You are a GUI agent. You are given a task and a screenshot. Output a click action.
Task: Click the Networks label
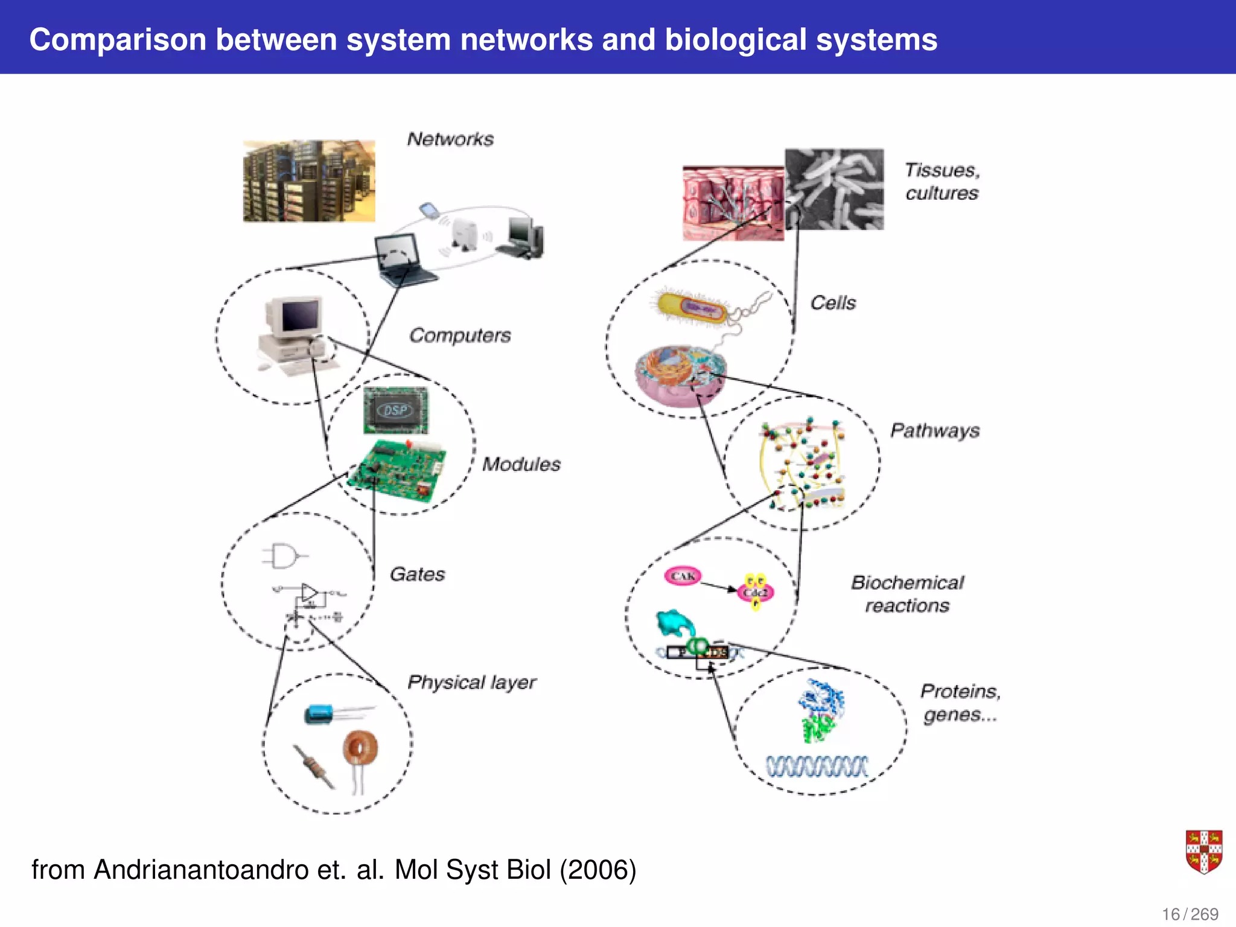[x=450, y=139]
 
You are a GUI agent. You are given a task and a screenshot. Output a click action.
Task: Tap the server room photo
[x=309, y=181]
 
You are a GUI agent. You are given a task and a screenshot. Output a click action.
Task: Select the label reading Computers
[x=460, y=336]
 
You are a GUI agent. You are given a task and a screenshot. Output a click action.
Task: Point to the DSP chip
[x=396, y=410]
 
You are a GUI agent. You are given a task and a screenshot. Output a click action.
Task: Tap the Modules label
[x=521, y=464]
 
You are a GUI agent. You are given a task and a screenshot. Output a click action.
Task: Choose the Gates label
[x=417, y=574]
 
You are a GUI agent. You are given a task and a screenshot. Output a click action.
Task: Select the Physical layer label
[x=471, y=683]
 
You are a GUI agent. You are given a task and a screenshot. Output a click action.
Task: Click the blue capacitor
[x=319, y=715]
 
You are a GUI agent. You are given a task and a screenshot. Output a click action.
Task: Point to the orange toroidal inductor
[x=361, y=749]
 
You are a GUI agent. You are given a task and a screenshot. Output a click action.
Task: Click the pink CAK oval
[x=683, y=576]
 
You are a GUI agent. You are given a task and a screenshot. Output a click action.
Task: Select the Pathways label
[x=935, y=430]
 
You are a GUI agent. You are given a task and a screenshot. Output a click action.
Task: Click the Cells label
[x=833, y=302]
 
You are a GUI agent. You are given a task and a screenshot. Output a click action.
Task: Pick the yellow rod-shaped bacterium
[x=692, y=308]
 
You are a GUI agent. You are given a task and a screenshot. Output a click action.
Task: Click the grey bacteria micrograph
[x=835, y=189]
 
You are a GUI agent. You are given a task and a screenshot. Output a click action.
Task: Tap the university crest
[x=1203, y=852]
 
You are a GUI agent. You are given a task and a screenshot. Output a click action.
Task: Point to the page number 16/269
[x=1190, y=914]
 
